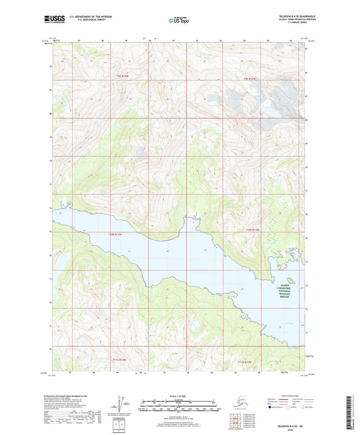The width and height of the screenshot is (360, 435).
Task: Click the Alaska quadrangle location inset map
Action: click(234, 403)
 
